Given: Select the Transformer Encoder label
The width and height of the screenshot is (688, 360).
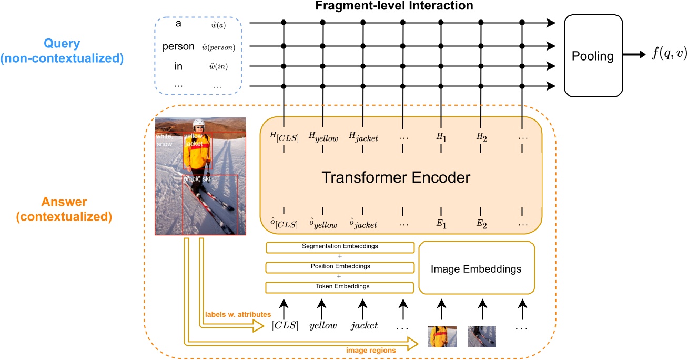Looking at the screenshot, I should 396,177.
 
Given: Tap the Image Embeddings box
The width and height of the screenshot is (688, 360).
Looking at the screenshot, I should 475,269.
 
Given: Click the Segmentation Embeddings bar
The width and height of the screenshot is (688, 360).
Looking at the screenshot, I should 339,246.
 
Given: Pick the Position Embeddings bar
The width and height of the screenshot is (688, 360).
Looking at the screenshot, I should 339,266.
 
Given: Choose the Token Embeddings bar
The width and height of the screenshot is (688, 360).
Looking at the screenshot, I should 339,286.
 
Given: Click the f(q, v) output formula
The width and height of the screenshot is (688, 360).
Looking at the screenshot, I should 669,55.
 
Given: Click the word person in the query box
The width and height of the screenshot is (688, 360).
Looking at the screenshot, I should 178,46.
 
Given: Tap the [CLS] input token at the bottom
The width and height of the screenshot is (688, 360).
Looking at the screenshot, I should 285,325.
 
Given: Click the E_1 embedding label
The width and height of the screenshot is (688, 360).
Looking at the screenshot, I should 440,224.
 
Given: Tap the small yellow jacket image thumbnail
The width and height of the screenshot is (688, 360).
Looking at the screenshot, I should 442,337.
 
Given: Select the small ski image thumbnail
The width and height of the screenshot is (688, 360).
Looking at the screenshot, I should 481,337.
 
